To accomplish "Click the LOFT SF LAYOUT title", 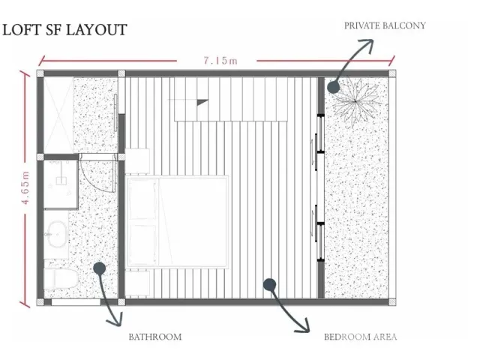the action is (64, 30).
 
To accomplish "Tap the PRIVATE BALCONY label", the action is (385, 25).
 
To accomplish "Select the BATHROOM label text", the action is (155, 337).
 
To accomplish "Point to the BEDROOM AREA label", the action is (360, 337).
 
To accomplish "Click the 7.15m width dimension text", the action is (220, 61).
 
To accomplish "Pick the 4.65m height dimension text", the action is (25, 187).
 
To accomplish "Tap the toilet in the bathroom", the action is (61, 278).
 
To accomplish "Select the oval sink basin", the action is (58, 234).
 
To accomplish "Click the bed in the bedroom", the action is (177, 222).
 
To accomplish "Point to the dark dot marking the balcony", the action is (333, 87).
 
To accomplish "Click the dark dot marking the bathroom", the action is (100, 268).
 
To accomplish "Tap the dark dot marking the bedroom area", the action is (269, 285).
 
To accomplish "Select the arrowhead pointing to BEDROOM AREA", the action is (304, 327).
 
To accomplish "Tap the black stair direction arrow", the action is (202, 102).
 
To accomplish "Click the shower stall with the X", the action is (58, 115).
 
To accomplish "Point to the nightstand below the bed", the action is (137, 283).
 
